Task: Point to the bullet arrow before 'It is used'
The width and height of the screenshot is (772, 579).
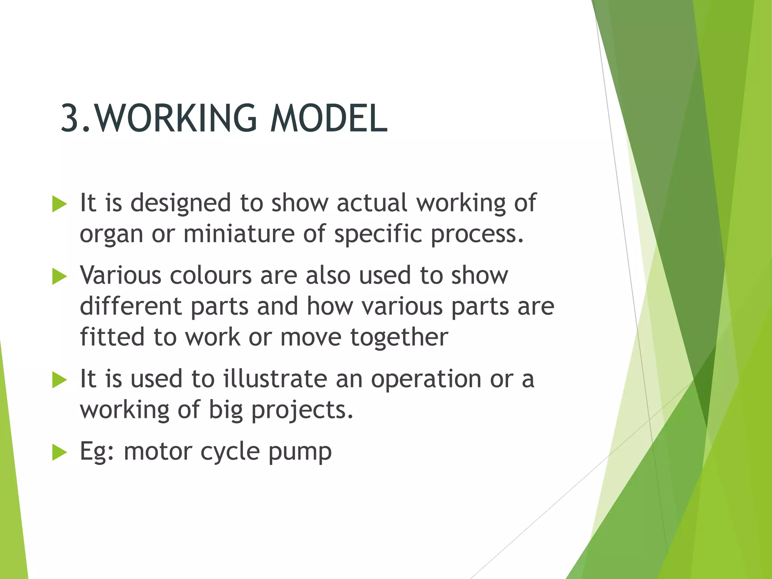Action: click(x=59, y=380)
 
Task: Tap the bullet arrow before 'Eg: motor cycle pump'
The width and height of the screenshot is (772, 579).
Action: click(x=59, y=452)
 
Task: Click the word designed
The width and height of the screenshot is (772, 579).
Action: click(x=181, y=204)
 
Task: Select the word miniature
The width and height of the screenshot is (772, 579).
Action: click(x=239, y=234)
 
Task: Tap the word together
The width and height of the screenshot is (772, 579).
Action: click(x=399, y=338)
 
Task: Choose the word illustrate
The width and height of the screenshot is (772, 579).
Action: click(x=275, y=379)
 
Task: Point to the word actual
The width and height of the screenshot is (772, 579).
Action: click(x=372, y=203)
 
